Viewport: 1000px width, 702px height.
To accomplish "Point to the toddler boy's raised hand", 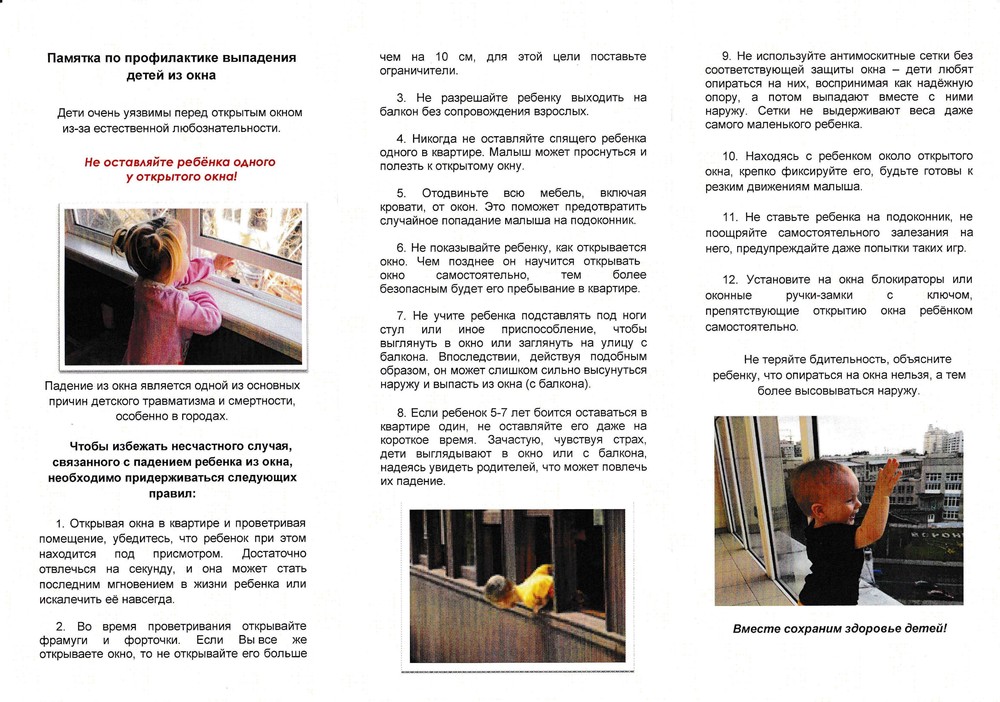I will pos(889,476).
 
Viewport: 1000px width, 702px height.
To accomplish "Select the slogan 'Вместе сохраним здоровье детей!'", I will pos(839,628).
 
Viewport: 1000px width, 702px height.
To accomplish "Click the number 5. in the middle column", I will pos(400,192).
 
